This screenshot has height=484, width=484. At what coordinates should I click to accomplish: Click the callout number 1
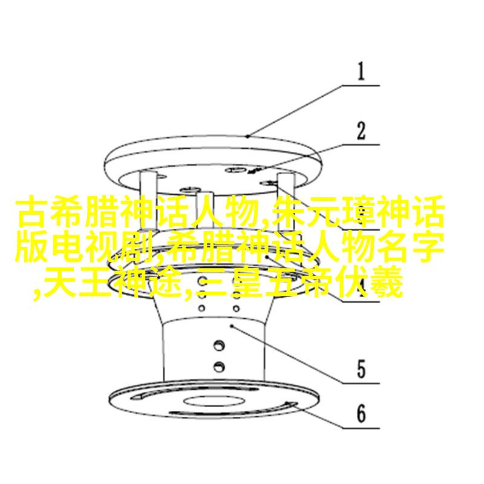(x=361, y=71)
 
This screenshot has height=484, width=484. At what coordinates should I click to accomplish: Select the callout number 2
(x=361, y=131)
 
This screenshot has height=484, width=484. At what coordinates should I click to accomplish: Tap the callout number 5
(x=361, y=369)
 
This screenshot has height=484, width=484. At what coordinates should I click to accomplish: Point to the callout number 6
(x=361, y=414)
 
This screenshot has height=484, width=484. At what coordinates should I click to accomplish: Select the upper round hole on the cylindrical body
(x=219, y=345)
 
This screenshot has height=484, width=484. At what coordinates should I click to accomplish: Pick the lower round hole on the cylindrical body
(x=219, y=367)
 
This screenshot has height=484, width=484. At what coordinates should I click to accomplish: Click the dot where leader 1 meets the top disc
(x=247, y=136)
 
